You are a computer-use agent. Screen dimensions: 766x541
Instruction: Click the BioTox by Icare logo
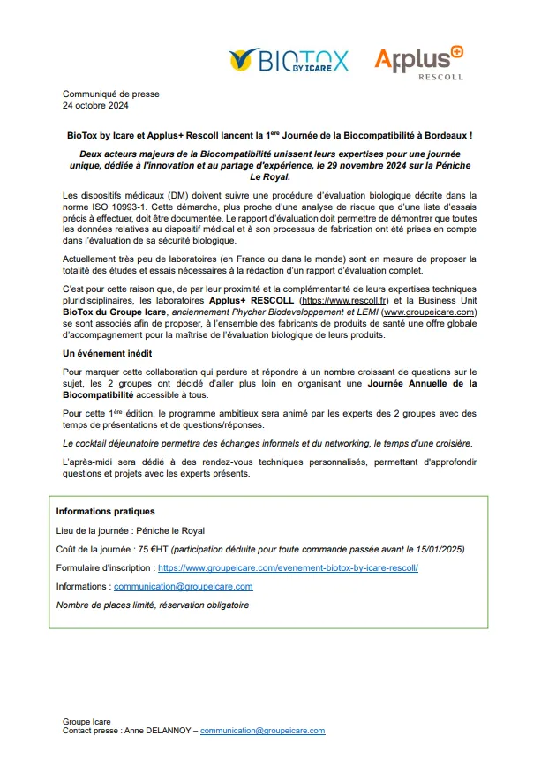[289, 60]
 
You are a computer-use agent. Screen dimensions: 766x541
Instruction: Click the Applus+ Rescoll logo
[418, 62]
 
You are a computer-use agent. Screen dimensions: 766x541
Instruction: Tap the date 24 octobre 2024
[95, 106]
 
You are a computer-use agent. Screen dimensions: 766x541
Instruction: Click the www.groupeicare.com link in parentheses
[430, 312]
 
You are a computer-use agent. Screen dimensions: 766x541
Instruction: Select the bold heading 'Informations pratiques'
[105, 511]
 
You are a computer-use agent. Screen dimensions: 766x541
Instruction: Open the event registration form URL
[288, 567]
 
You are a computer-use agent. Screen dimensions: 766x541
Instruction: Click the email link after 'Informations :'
[183, 586]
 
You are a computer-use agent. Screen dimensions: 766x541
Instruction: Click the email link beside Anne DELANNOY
[262, 731]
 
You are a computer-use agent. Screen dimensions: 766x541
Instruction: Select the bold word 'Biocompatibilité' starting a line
[101, 395]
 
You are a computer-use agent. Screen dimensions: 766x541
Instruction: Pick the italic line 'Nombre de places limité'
[152, 605]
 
